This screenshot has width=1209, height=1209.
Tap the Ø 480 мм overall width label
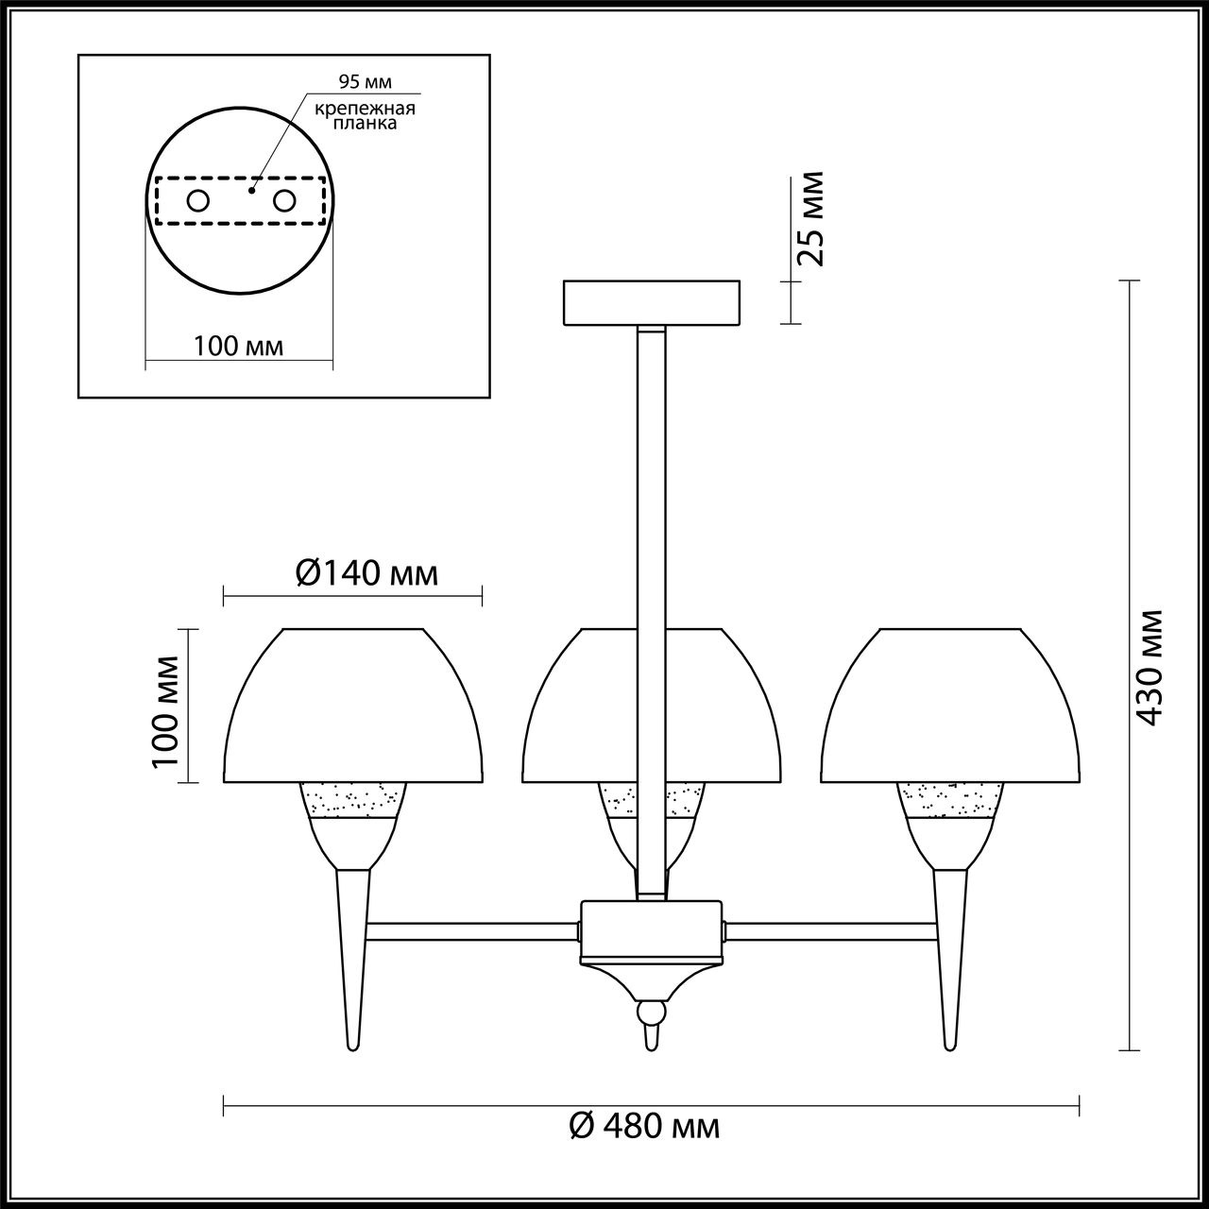coord(644,1126)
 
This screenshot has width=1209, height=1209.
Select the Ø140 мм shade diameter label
coord(366,573)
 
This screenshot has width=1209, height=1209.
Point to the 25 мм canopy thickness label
coord(809,218)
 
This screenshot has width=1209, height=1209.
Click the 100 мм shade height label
coord(165,711)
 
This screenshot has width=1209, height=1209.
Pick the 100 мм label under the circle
coord(238,346)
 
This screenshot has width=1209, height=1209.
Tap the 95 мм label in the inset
coord(365,81)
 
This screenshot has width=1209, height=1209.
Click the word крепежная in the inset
coord(365,109)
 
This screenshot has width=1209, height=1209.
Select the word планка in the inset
coord(365,123)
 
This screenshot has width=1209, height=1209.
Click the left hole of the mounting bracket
coord(197,201)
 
